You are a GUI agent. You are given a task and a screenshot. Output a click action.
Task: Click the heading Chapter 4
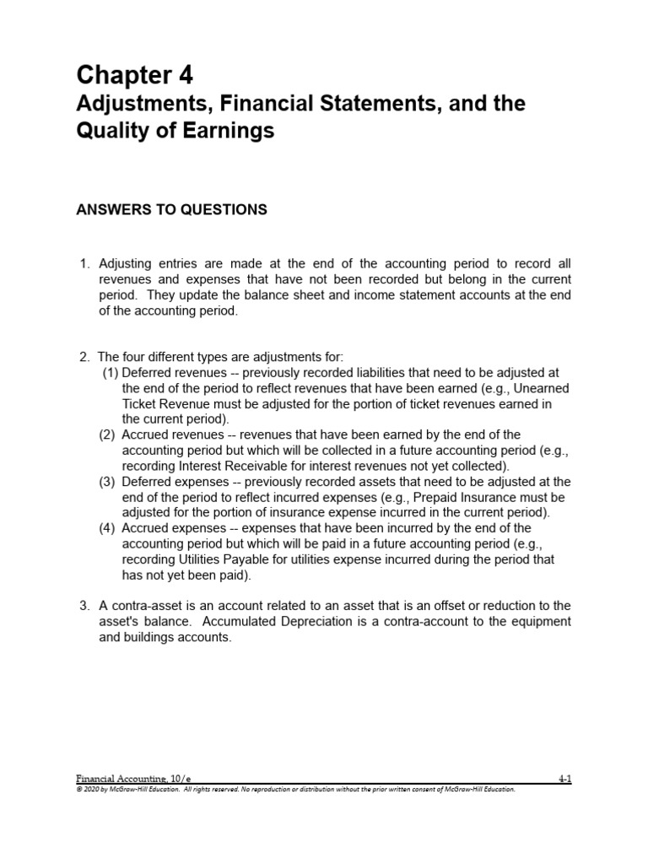pos(135,75)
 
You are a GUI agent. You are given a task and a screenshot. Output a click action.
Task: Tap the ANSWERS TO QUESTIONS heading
pos(172,210)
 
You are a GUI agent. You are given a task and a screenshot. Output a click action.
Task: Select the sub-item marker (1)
pos(111,372)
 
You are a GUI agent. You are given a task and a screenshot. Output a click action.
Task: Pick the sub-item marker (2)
pos(111,435)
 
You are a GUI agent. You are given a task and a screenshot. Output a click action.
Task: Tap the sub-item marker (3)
pos(111,482)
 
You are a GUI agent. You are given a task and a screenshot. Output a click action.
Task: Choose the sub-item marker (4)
pos(111,529)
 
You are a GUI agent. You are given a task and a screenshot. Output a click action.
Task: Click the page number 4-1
pos(564,780)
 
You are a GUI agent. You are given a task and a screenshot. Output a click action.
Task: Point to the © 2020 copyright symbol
pos(78,790)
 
